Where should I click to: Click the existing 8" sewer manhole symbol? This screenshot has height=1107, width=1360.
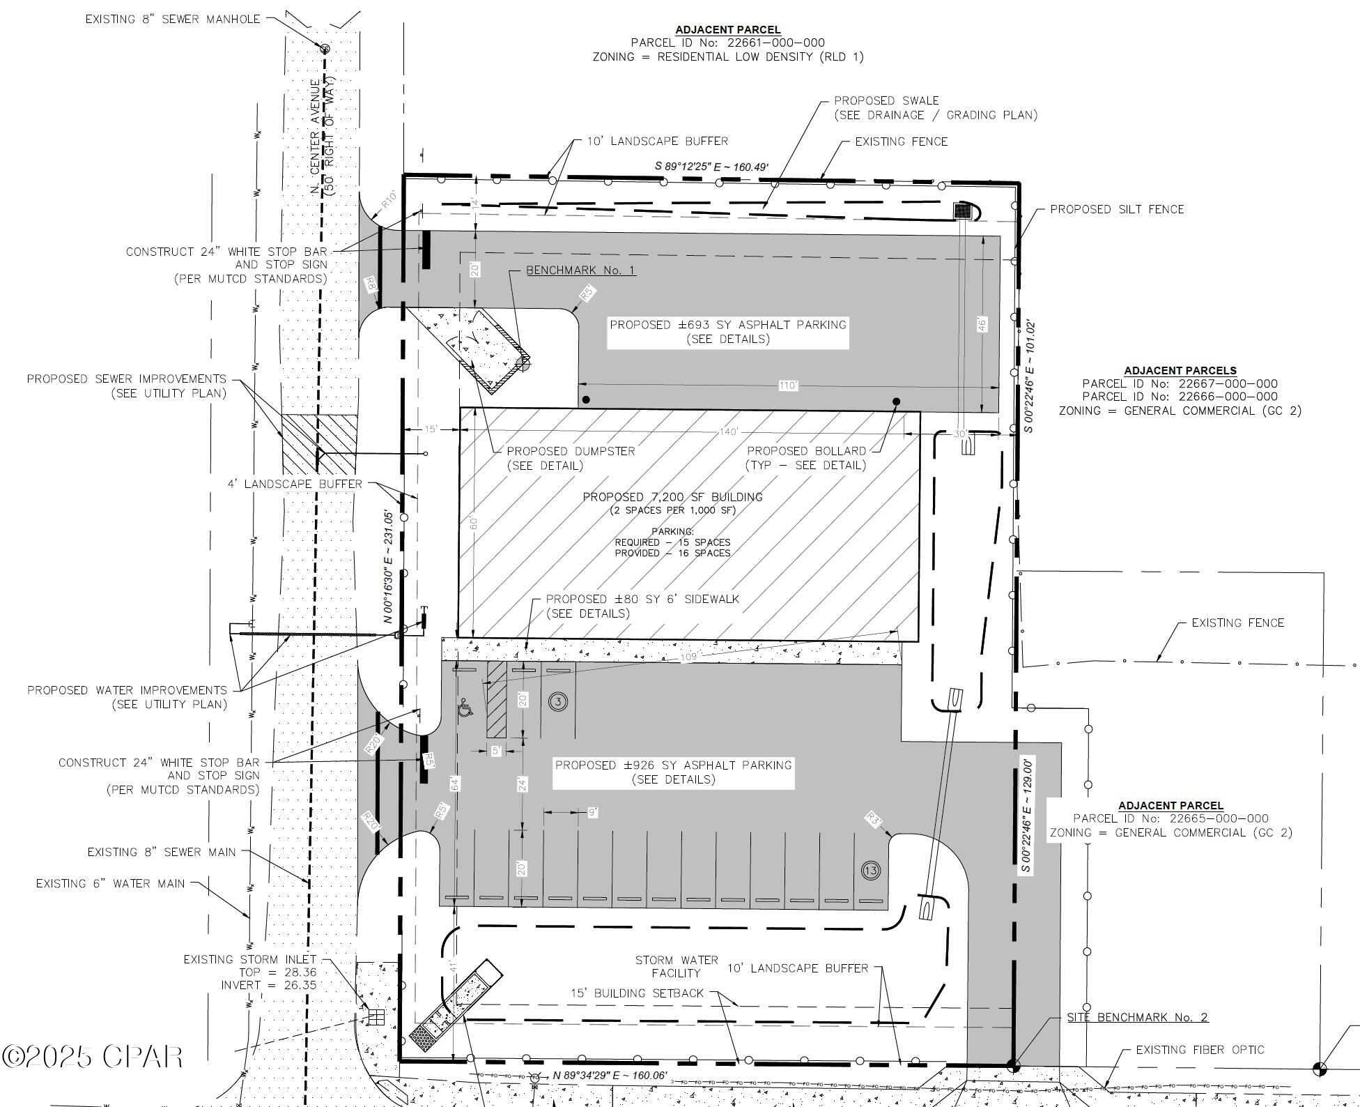[x=325, y=48]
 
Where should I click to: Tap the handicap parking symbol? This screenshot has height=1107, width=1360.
[x=465, y=710]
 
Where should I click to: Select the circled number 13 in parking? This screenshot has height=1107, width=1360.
[x=871, y=870]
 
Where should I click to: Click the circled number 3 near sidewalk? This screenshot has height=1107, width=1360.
[x=558, y=701]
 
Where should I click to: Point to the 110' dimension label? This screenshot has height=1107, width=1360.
[x=788, y=385]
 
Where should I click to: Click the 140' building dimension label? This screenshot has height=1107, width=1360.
[x=729, y=432]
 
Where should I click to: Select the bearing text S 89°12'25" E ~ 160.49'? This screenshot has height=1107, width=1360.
[x=711, y=167]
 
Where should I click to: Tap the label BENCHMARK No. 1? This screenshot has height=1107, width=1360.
[x=580, y=270]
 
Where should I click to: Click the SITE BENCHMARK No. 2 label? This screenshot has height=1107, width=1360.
[x=1137, y=1017]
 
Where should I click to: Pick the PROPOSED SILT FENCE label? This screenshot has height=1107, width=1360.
[x=1117, y=209]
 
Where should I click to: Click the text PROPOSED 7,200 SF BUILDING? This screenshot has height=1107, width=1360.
[x=672, y=497]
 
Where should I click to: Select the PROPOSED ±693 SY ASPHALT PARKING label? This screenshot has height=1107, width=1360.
[x=728, y=325]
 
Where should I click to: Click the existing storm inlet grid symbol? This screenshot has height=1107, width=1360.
[x=376, y=1017]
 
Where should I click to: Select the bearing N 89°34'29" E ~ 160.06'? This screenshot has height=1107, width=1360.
[x=610, y=1076]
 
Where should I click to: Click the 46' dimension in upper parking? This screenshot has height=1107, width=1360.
[x=982, y=325]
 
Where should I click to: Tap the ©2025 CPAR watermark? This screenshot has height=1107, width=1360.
[x=92, y=1057]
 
